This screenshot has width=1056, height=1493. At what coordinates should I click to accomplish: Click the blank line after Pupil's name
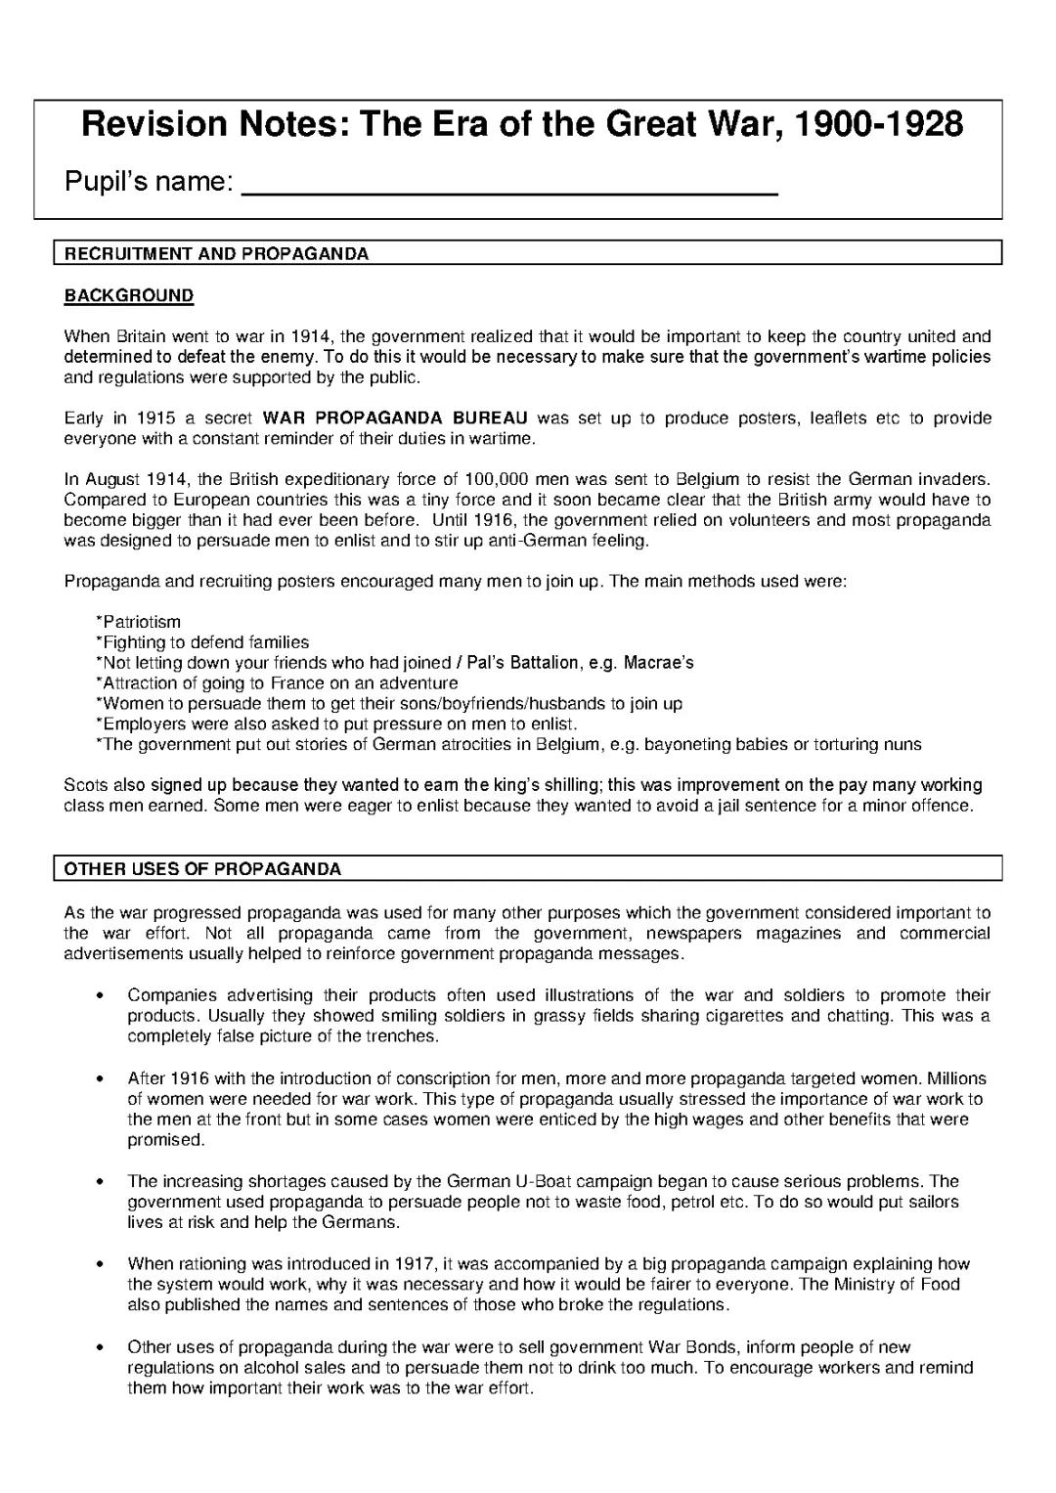(x=508, y=186)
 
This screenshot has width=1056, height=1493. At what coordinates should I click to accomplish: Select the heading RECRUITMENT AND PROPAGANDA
(x=216, y=254)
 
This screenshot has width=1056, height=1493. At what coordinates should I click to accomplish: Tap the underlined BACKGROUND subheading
(x=129, y=295)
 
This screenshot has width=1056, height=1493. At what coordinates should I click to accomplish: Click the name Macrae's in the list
(x=657, y=663)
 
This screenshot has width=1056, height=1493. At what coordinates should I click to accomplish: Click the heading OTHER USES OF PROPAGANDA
(x=202, y=869)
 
